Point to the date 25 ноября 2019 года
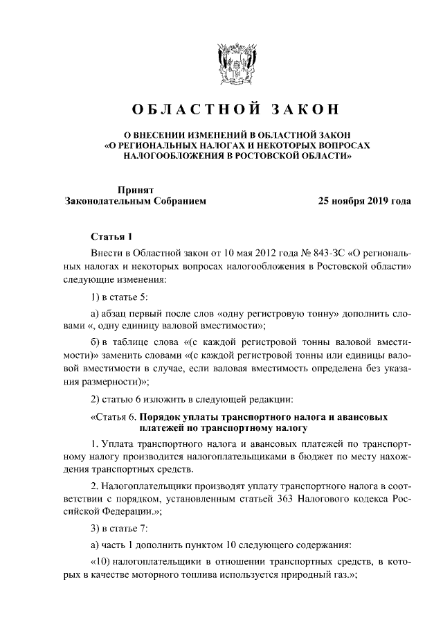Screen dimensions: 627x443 (x=363, y=202)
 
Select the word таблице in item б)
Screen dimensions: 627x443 (x=134, y=342)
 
